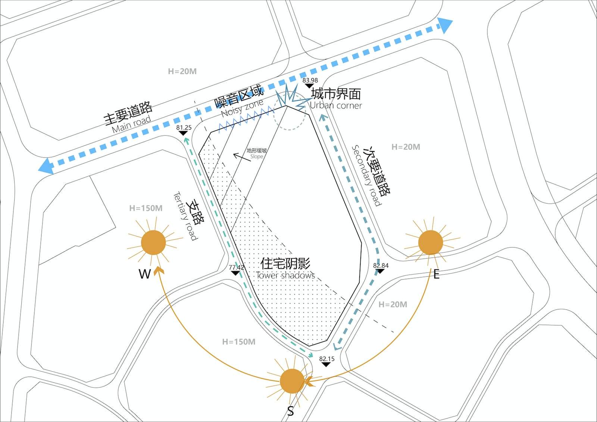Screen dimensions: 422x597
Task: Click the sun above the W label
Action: coord(153,243)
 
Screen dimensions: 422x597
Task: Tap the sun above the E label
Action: coord(431,242)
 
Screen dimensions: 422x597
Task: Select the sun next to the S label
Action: coord(292,381)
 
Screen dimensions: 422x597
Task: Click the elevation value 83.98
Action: coord(310,80)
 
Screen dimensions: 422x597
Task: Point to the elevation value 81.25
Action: coord(184,127)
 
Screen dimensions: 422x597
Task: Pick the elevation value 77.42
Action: coord(236,267)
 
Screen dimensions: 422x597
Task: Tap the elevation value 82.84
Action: coord(381,266)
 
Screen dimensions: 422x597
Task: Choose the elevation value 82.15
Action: coord(326,359)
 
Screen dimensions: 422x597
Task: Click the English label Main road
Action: coord(131,124)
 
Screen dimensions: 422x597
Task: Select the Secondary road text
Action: coord(366,175)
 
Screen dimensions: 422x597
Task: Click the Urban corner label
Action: coord(336,106)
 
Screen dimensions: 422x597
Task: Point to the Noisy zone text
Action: coord(242,108)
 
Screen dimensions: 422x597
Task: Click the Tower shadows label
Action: coord(285,275)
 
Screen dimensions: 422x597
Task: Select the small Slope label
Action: coord(257,157)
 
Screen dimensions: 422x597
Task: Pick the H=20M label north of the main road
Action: coord(182,71)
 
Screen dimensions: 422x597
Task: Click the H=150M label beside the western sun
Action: coord(146,208)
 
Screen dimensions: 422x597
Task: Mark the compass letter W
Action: coord(144,274)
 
